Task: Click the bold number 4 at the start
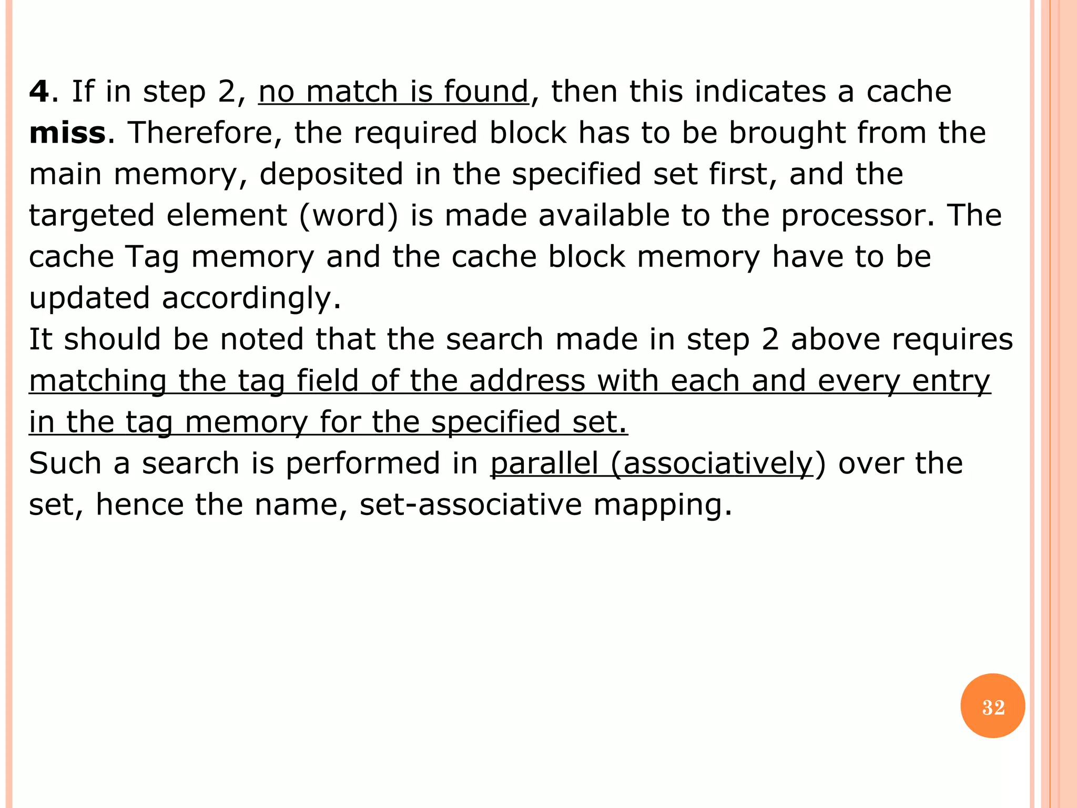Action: point(39,92)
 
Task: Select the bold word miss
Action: point(67,133)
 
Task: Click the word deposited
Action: point(331,174)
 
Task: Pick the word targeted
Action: point(92,216)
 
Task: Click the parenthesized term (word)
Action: point(349,216)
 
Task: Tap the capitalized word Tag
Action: point(152,257)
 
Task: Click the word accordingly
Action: point(251,298)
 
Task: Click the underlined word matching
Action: point(98,381)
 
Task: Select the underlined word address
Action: point(527,381)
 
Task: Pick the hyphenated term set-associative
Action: point(471,504)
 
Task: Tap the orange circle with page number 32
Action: point(992,706)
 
